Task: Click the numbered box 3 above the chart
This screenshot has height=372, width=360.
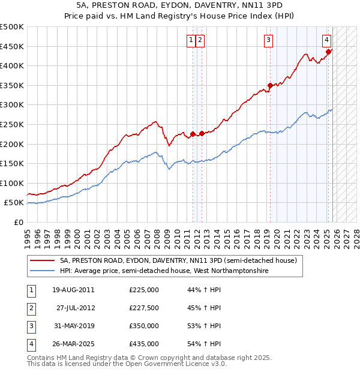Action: click(x=268, y=40)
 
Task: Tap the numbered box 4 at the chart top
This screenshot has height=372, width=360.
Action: click(x=326, y=40)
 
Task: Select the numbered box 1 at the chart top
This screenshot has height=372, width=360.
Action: click(x=191, y=40)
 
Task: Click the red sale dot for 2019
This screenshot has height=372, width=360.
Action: click(x=270, y=85)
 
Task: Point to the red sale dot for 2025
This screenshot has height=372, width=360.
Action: click(x=328, y=52)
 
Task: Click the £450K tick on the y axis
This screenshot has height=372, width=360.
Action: click(x=12, y=46)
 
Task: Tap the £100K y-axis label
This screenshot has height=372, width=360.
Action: click(x=12, y=183)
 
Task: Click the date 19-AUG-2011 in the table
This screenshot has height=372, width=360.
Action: click(x=73, y=290)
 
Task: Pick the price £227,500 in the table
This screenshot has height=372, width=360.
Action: click(x=143, y=308)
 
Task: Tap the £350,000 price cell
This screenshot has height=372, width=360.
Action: click(x=143, y=326)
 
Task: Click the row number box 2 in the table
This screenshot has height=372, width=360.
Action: click(x=30, y=308)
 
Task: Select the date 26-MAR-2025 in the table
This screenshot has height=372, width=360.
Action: click(x=73, y=344)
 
